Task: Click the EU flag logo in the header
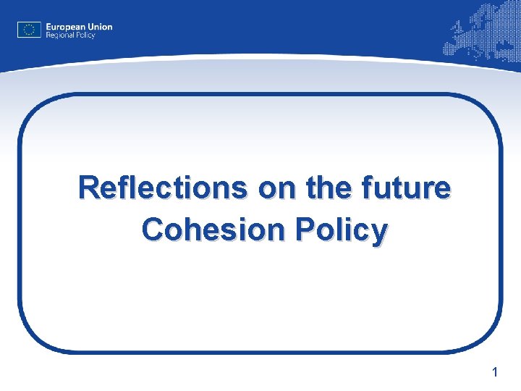[x=28, y=30]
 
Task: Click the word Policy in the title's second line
[x=343, y=230]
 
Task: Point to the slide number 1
[x=494, y=373]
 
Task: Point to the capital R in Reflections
[x=90, y=188]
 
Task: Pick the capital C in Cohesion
[x=153, y=230]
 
